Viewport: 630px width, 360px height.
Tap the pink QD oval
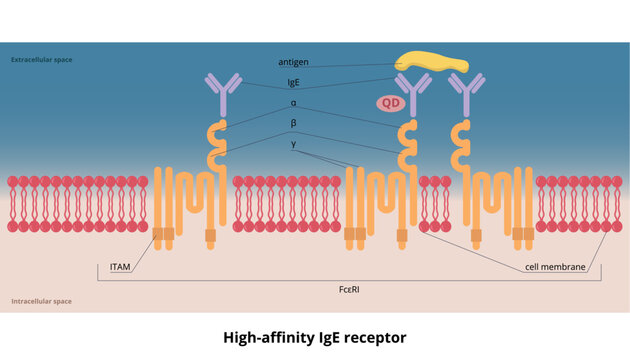pos(389,103)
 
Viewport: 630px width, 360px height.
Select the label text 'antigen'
pos(293,62)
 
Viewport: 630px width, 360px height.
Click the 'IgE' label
pos(293,83)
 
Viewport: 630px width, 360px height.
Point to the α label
pos(293,103)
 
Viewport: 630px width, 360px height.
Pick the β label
pos(293,123)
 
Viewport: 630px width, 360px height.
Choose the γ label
pos(293,143)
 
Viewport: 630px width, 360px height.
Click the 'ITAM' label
pos(121,268)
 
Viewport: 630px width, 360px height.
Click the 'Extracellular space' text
pos(42,59)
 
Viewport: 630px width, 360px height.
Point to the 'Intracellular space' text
pos(41,301)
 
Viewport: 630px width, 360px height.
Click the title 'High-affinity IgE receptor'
pos(315,338)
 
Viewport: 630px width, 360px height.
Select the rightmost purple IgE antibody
pos(466,94)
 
